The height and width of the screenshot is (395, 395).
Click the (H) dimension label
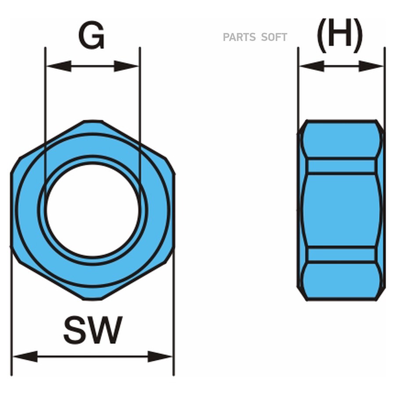pos(340,35)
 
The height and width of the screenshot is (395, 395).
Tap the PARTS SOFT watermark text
pos(255,37)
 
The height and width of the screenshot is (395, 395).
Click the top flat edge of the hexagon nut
pos(93,122)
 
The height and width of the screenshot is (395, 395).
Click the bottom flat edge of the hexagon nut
pos(93,299)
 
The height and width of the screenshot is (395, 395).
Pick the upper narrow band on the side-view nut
pos(341,166)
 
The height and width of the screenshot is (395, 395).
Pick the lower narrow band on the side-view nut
pos(341,255)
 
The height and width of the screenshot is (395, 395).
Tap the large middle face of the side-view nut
pos(341,210)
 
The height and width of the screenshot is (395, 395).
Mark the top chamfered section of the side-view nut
pos(341,139)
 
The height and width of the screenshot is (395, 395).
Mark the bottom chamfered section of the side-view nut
pos(341,281)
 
